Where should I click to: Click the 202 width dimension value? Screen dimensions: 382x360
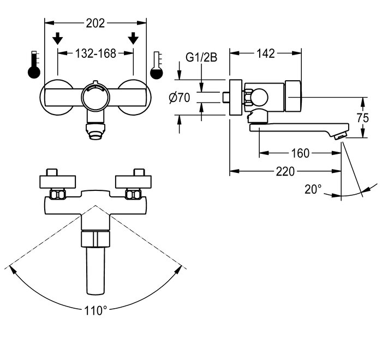pyautogui.click(x=95, y=23)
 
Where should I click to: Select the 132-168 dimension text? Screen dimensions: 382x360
pyautogui.click(x=95, y=53)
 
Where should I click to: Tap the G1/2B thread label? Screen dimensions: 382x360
pyautogui.click(x=201, y=58)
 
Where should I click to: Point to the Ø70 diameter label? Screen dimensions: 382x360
pyautogui.click(x=180, y=98)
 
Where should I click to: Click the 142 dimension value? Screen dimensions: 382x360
pyautogui.click(x=266, y=53)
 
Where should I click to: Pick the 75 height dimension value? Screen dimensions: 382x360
pyautogui.click(x=363, y=118)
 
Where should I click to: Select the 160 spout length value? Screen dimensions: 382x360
pyautogui.click(x=300, y=153)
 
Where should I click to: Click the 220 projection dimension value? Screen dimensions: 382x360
pyautogui.click(x=285, y=171)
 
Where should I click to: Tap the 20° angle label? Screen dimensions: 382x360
pyautogui.click(x=313, y=189)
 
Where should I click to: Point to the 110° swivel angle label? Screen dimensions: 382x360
pyautogui.click(x=95, y=310)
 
